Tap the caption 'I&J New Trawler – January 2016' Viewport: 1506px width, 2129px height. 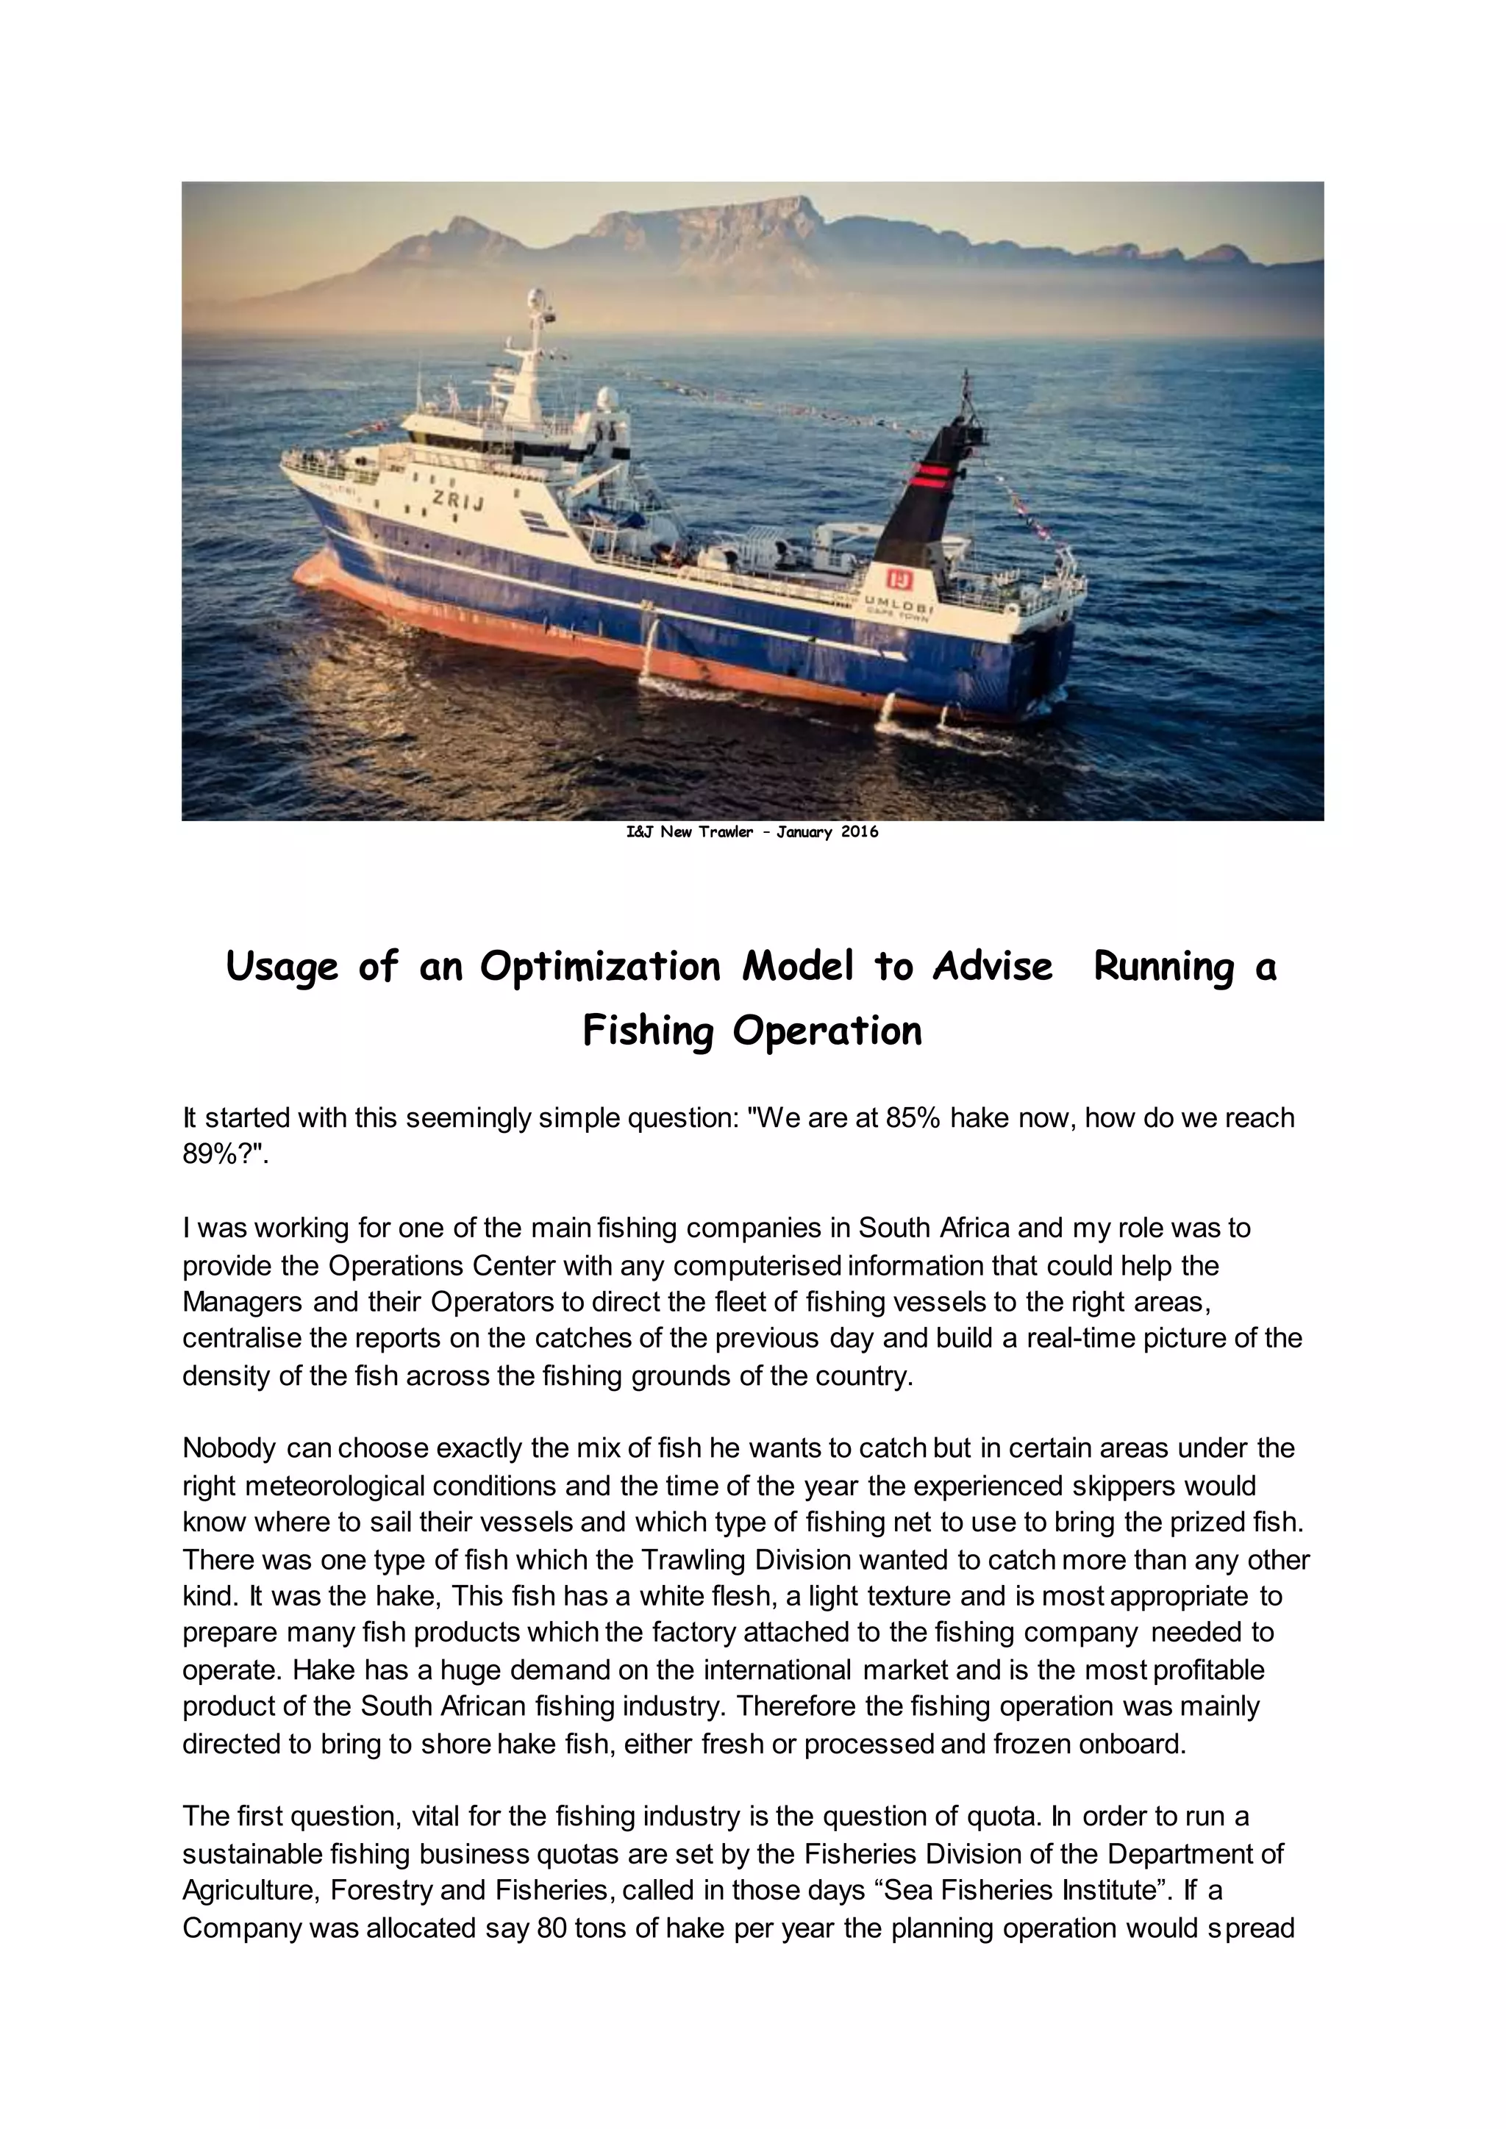pos(752,831)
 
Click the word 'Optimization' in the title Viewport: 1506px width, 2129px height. pos(600,967)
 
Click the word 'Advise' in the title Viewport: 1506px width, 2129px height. pos(992,967)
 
